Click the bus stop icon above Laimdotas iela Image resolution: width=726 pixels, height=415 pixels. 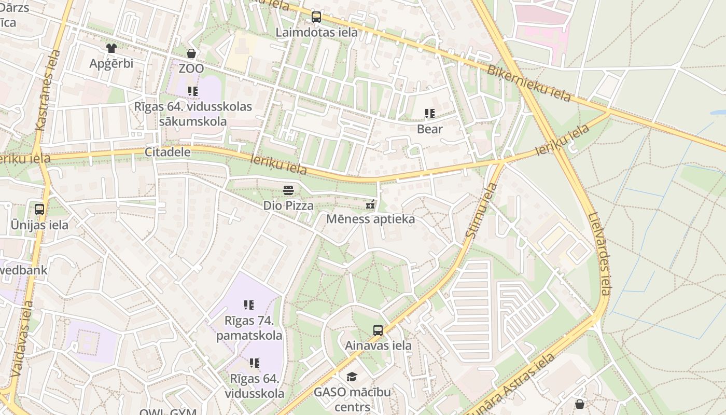316,17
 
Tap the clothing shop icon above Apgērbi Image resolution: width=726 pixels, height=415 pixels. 111,48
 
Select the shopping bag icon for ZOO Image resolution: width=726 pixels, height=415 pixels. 191,53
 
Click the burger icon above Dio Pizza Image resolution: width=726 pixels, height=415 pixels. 288,190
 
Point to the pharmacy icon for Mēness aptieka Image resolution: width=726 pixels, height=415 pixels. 370,204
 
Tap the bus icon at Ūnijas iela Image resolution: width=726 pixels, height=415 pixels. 39,210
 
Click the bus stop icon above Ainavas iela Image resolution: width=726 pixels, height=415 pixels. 378,330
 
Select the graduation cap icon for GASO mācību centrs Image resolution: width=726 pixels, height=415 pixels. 352,377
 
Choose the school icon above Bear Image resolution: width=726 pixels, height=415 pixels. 429,114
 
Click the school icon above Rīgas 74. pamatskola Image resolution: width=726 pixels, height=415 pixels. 249,305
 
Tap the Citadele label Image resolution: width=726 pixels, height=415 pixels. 167,152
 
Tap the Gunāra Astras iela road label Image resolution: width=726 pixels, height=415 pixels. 509,384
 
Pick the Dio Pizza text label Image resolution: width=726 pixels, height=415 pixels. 288,205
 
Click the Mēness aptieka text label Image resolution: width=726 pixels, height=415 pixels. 370,219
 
